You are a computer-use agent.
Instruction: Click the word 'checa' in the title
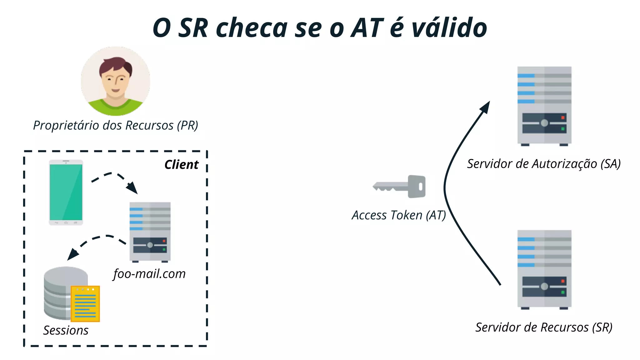point(252,28)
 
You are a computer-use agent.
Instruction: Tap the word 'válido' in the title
point(449,28)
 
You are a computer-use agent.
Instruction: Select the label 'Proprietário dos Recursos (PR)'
point(116,125)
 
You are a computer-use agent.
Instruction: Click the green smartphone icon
point(66,192)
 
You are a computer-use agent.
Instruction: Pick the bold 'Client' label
point(181,165)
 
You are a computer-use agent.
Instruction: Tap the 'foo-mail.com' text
point(149,274)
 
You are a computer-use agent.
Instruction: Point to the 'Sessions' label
point(66,330)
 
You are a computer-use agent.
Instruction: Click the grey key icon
point(400,187)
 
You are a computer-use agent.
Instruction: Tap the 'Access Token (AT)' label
point(399,215)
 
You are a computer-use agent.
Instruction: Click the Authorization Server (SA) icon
point(544,106)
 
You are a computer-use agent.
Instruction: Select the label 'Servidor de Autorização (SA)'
point(544,164)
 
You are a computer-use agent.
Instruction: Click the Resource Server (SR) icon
point(544,269)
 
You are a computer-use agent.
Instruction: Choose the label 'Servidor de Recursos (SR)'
point(544,327)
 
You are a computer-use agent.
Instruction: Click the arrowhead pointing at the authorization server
point(485,107)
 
